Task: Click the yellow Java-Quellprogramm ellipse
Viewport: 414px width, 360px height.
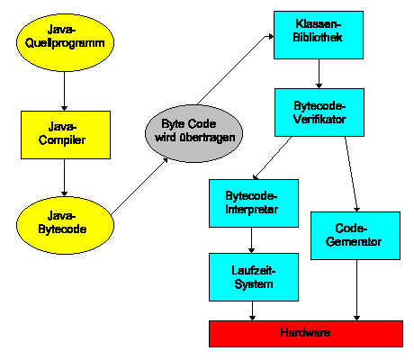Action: click(65, 42)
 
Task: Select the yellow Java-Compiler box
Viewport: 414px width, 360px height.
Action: click(66, 135)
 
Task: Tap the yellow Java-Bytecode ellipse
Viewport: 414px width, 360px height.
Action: click(65, 225)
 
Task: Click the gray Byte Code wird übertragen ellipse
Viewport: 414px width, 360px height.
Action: click(193, 133)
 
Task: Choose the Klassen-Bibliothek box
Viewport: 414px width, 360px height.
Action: click(319, 35)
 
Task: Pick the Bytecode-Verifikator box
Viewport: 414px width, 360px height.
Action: click(319, 112)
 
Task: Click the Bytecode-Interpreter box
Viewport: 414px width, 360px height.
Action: click(254, 203)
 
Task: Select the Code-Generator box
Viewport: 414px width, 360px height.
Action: click(355, 236)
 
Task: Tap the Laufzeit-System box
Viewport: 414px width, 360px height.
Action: click(254, 277)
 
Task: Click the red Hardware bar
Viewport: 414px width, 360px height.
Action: click(306, 334)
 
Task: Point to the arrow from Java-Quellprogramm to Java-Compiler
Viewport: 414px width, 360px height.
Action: click(64, 91)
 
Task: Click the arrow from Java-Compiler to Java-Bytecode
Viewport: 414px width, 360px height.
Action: click(64, 177)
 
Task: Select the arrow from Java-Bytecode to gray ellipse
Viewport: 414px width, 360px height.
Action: click(139, 186)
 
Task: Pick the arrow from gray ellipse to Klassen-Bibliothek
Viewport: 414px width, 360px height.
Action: click(235, 70)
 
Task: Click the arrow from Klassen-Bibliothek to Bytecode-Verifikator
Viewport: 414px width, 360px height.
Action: click(319, 74)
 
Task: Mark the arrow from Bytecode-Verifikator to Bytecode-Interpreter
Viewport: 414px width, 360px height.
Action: click(272, 158)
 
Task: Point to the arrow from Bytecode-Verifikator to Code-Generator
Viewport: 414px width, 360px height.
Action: click(351, 175)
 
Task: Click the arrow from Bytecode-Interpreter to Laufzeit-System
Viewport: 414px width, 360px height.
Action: click(252, 240)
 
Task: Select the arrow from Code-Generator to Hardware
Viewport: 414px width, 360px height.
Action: click(356, 290)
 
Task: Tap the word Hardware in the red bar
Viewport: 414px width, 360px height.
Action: click(305, 332)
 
